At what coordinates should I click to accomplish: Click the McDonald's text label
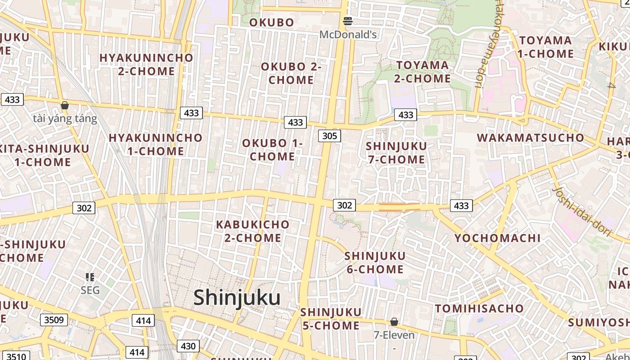(x=348, y=34)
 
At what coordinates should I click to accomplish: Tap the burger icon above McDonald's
(x=347, y=21)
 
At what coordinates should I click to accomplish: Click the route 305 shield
(x=329, y=135)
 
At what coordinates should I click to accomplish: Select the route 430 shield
(x=188, y=346)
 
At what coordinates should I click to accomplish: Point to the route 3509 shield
(x=54, y=320)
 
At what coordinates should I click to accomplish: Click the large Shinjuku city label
(x=237, y=298)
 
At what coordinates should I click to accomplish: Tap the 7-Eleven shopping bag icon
(x=394, y=322)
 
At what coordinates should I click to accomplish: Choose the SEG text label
(x=90, y=290)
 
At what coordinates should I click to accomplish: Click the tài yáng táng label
(x=65, y=119)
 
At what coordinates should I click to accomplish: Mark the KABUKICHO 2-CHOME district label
(x=253, y=231)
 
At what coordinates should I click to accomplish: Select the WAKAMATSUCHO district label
(x=531, y=138)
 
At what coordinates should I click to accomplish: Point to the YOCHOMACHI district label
(x=498, y=238)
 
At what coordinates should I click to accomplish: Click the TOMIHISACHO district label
(x=479, y=309)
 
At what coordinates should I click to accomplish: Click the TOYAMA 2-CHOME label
(x=423, y=72)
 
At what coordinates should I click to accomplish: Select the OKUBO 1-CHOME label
(x=273, y=150)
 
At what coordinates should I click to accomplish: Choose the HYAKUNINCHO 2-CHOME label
(x=146, y=64)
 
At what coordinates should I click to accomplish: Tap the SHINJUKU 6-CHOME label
(x=375, y=263)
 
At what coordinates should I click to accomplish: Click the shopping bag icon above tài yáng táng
(x=65, y=105)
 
